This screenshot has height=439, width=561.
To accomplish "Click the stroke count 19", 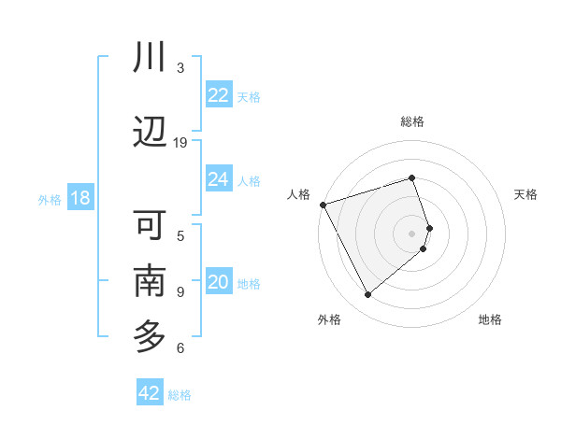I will click(x=180, y=143).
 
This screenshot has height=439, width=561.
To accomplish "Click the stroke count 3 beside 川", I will click(x=180, y=68).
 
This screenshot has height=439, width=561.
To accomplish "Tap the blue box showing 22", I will click(x=219, y=94).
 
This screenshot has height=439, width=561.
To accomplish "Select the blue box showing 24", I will click(x=219, y=179).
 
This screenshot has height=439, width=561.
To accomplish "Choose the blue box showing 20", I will click(x=219, y=282).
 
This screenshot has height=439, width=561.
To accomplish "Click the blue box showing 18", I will click(x=79, y=198).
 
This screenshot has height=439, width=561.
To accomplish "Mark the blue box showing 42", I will click(x=150, y=393).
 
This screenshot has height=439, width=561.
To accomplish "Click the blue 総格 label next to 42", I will click(x=180, y=395).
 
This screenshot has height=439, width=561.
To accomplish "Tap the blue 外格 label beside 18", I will click(x=50, y=200).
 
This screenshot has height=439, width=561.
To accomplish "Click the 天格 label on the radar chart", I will click(x=526, y=194).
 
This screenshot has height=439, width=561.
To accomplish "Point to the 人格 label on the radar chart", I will click(x=298, y=194).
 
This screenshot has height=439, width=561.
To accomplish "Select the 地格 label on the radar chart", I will click(x=490, y=319).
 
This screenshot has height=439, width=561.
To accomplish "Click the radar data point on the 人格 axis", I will click(x=323, y=205).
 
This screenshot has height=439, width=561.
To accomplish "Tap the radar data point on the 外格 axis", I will click(x=367, y=295).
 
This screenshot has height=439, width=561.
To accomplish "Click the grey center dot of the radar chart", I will click(x=412, y=234).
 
